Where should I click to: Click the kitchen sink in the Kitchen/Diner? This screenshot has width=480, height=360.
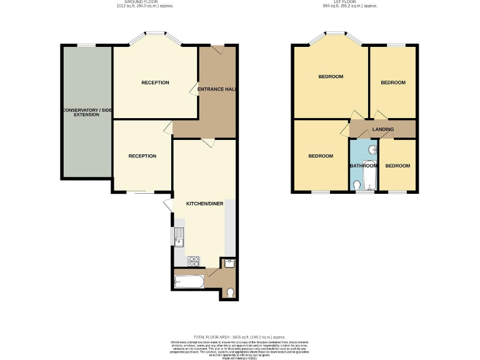click(179, 237)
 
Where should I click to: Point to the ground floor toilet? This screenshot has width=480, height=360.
click(231, 291)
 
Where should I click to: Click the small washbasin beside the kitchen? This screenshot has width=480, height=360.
click(229, 262)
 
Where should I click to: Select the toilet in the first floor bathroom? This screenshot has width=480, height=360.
click(357, 186)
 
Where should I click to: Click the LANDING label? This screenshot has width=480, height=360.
click(382, 129)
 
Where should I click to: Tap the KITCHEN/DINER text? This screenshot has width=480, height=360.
click(204, 203)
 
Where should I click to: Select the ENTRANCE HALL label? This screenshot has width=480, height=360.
click(216, 89)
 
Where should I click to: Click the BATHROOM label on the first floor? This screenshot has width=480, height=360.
click(363, 166)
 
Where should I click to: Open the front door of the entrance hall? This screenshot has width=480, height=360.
click(216, 50)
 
